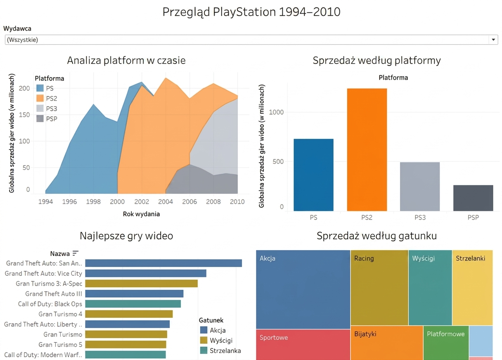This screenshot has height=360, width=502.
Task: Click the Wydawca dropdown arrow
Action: (x=493, y=40)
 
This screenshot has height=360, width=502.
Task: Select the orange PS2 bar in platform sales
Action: (x=367, y=149)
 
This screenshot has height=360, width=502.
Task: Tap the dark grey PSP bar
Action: (x=473, y=198)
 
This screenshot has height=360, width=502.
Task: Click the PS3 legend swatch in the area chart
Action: (x=40, y=109)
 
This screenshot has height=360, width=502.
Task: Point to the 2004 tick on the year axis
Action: (x=166, y=201)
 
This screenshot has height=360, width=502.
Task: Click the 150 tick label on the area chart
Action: (x=24, y=115)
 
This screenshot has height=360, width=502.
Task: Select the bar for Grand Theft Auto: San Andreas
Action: (x=163, y=263)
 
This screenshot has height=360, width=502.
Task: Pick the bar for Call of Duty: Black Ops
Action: (x=133, y=304)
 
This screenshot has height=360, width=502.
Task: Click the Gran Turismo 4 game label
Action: (x=60, y=314)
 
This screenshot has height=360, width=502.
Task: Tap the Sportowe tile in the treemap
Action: (x=303, y=345)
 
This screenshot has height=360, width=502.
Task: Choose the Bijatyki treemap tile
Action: (x=387, y=343)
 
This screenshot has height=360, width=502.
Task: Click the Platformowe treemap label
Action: (x=445, y=334)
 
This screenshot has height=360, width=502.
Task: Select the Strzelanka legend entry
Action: (x=220, y=351)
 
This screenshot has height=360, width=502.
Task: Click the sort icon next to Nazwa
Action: (x=76, y=253)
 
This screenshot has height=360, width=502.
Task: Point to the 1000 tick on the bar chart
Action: (x=276, y=112)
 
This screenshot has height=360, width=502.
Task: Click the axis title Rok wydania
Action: (x=141, y=214)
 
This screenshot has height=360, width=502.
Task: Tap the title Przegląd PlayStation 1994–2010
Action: (x=251, y=12)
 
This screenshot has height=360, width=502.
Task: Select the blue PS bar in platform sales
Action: (x=313, y=175)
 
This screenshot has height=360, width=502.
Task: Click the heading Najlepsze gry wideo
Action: (x=126, y=236)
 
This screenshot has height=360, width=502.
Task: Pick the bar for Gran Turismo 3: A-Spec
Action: (x=142, y=284)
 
